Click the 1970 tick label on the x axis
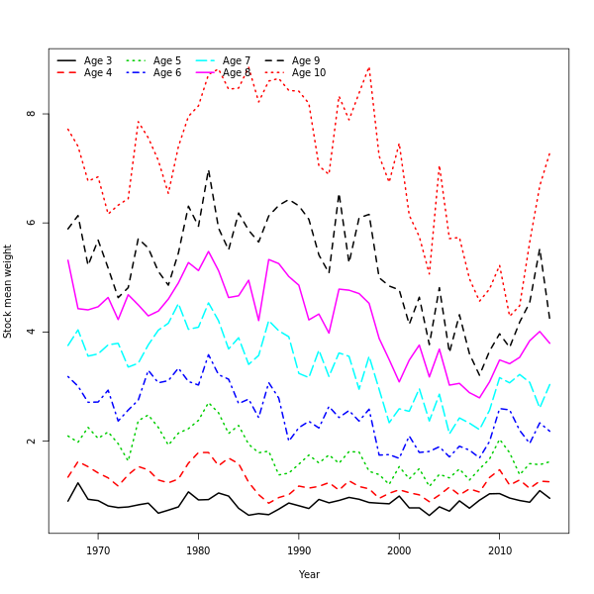tap(98, 550)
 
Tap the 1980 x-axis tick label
tap(198, 550)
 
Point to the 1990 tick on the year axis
tap(299, 550)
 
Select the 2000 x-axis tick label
tap(399, 550)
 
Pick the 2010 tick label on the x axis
tap(500, 550)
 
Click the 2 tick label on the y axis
tap(32, 441)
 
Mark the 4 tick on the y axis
tap(32, 332)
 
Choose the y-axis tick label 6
tap(32, 223)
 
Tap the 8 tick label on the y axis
tap(32, 113)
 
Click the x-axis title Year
tap(309, 574)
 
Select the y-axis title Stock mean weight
tap(8, 291)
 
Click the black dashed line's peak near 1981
tap(208, 170)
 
